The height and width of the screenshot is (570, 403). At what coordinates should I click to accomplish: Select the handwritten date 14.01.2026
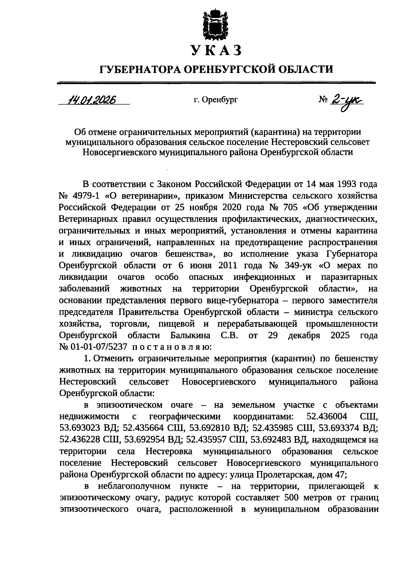tap(91, 100)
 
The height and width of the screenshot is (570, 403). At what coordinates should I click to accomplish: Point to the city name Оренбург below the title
tap(221, 100)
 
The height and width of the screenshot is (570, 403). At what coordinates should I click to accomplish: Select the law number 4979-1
tap(90, 196)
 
